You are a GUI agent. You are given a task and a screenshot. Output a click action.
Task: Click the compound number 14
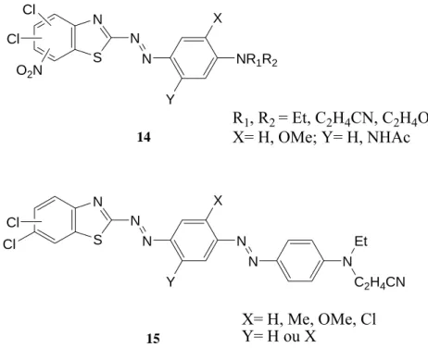point(144,137)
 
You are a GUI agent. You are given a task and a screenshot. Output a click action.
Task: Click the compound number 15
point(153,339)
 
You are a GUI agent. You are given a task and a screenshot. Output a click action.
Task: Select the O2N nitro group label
point(30,71)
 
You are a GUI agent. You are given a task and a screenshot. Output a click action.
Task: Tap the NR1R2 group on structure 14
point(257,59)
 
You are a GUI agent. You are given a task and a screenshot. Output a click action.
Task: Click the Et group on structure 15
point(360,241)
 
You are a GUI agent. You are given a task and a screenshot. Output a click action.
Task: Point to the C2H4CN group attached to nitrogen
point(380,283)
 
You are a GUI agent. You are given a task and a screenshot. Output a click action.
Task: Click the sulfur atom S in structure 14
point(97,57)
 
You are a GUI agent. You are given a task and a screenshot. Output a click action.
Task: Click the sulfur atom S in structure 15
point(97,240)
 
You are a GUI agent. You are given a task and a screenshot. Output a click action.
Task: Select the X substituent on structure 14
point(218,19)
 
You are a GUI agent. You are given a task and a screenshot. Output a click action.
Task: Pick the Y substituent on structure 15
point(170,281)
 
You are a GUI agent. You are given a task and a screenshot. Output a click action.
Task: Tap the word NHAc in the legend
point(388,137)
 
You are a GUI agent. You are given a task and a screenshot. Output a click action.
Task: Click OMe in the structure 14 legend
point(296,137)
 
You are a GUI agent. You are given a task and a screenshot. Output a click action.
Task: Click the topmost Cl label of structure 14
point(30,10)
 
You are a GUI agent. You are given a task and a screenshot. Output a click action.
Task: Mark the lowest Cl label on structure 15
point(9,244)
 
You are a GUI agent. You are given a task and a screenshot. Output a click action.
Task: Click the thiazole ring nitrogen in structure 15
point(97,203)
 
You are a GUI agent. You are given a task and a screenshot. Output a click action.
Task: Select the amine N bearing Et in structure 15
point(347,262)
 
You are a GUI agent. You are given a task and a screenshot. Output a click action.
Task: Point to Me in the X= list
point(297,319)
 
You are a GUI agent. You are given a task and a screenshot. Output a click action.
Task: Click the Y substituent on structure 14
point(170,99)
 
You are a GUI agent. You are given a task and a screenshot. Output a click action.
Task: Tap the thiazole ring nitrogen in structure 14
point(97,19)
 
